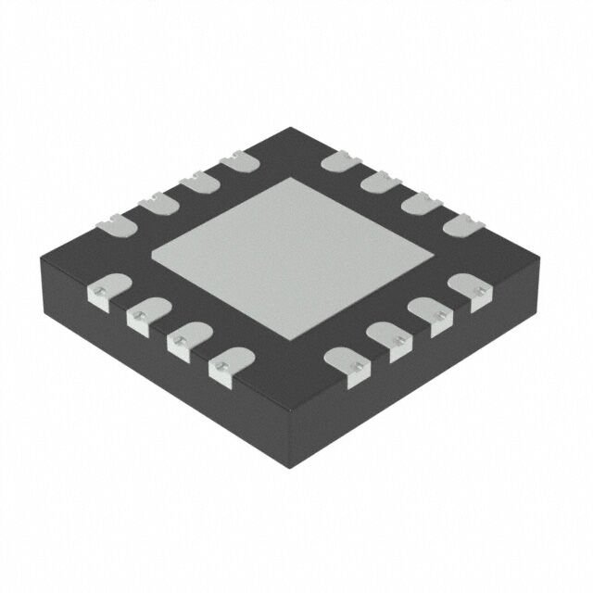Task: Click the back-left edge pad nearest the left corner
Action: coord(113,221)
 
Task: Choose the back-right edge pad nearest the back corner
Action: coord(339,162)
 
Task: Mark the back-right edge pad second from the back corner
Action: coord(378,182)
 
